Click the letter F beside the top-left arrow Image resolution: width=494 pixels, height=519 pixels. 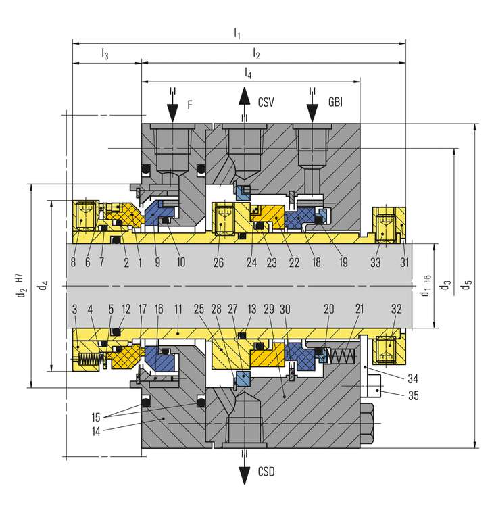[190, 105]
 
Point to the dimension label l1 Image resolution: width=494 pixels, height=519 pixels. [237, 32]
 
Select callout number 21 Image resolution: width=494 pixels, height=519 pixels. [360, 309]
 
